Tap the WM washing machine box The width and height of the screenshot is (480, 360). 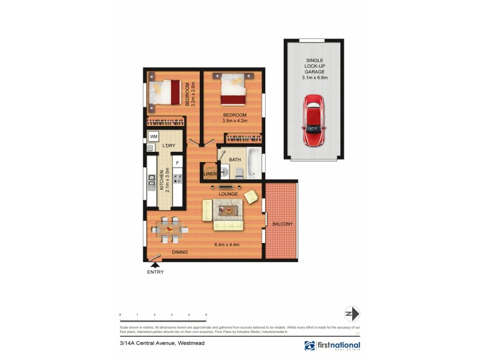pos(154,137)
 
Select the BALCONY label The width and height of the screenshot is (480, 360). pos(282,224)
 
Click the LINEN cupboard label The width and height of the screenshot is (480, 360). pos(209,174)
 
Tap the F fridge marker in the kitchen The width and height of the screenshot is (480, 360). pos(177,163)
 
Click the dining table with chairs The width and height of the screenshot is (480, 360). pos(169,228)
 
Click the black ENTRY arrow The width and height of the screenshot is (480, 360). pos(154,263)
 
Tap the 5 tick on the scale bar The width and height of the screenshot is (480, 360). pos(206,314)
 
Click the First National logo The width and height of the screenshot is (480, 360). pos(332,346)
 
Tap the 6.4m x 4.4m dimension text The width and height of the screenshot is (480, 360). pos(227,244)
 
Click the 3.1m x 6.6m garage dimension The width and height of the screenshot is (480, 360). pos(314,77)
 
